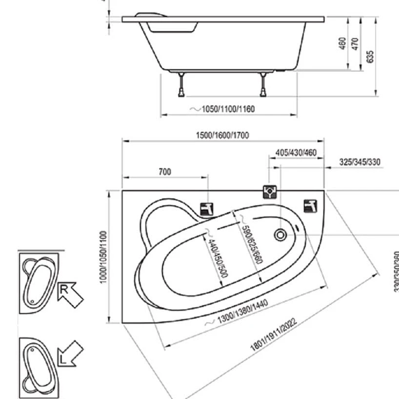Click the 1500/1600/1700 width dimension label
click(222, 135)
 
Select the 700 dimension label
click(165, 172)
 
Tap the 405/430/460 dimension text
click(296, 153)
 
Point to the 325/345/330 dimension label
click(360, 162)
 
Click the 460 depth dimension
click(342, 43)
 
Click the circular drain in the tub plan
click(280, 236)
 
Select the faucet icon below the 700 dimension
click(207, 210)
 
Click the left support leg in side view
click(182, 84)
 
